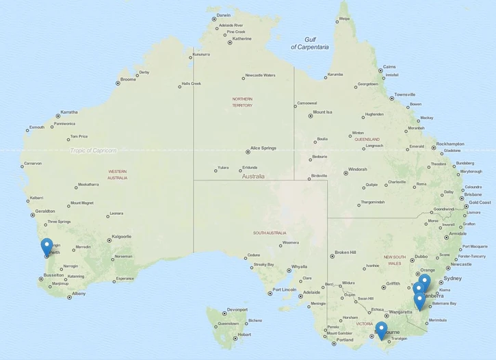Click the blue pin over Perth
(47, 246)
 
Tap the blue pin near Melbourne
(381, 330)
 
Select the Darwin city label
(223, 15)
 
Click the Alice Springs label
(263, 148)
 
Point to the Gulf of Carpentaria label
(309, 43)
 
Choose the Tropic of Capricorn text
(93, 151)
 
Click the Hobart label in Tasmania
(244, 335)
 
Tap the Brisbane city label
(473, 194)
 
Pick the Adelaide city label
(311, 292)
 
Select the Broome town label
(128, 79)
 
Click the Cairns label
(389, 67)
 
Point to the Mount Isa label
(322, 112)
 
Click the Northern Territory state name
(242, 102)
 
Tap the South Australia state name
(269, 233)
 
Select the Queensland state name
(367, 139)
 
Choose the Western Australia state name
(117, 175)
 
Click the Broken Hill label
(345, 253)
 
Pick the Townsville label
(404, 94)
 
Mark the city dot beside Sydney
(439, 280)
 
